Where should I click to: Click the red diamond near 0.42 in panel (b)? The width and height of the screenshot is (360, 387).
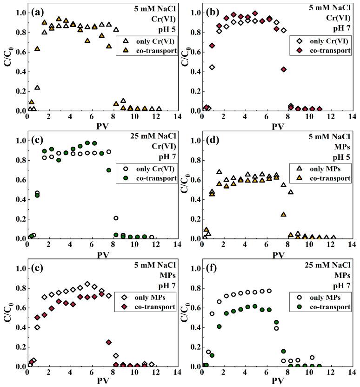click(x=284, y=69)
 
